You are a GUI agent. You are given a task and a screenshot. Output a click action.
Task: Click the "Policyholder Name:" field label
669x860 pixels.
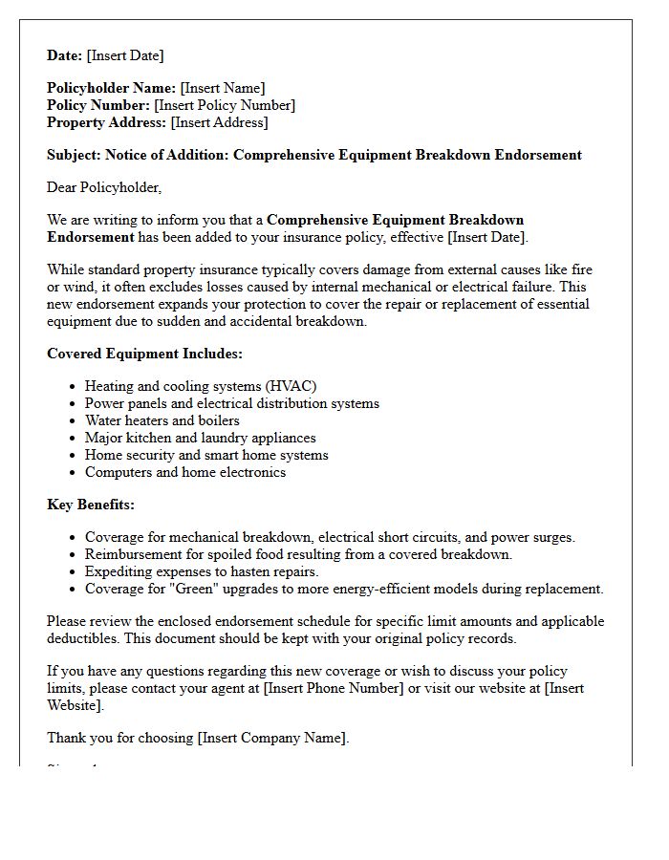[x=111, y=88]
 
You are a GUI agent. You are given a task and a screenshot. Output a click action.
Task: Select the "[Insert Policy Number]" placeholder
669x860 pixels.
[x=225, y=105]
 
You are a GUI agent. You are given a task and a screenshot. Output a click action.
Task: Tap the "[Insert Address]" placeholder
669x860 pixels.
[x=219, y=122]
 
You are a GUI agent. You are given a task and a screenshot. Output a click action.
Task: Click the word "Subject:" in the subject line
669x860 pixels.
[x=74, y=155]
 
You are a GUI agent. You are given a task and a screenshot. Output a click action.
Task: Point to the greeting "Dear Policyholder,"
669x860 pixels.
[x=104, y=187]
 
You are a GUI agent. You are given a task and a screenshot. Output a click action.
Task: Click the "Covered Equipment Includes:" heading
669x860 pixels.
[x=144, y=354]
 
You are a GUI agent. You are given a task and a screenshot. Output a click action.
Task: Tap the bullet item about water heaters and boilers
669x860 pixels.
[x=162, y=420]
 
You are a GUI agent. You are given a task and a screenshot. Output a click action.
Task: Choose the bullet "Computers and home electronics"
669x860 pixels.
[x=184, y=472]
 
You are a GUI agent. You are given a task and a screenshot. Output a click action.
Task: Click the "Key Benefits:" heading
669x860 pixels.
[x=91, y=505]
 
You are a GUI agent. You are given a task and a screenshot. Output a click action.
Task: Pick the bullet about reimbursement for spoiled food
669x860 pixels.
[x=298, y=554]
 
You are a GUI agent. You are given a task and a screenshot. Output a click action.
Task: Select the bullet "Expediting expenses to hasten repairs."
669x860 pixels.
[x=214, y=571]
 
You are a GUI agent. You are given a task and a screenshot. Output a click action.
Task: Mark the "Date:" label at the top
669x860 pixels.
[x=65, y=55]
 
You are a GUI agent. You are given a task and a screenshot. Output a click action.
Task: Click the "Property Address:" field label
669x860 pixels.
[x=106, y=122]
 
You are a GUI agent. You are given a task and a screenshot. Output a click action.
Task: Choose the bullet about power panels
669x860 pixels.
[x=231, y=403]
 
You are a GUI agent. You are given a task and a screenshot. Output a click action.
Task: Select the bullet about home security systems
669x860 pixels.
[x=205, y=455]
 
